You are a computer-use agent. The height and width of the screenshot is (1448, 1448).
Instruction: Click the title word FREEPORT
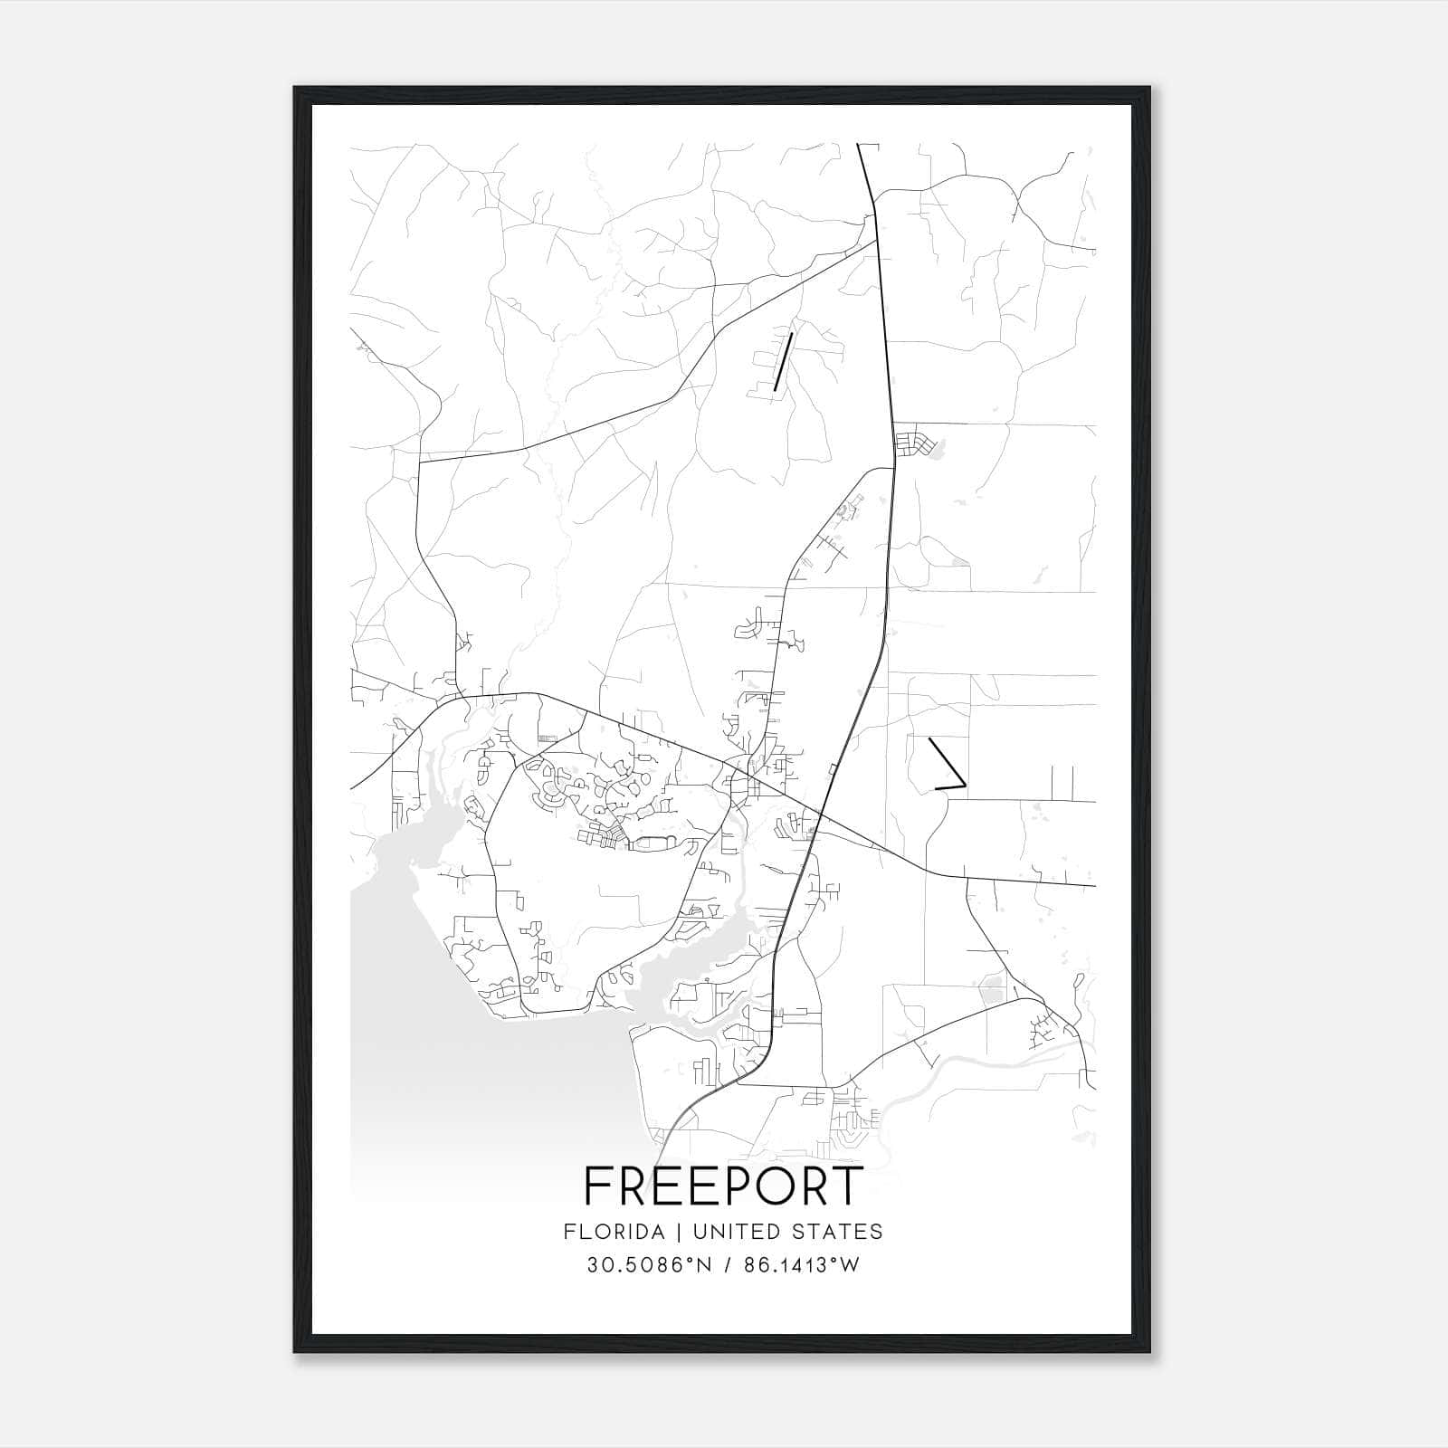723,1186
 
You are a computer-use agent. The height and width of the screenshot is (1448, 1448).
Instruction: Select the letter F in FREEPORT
597,1186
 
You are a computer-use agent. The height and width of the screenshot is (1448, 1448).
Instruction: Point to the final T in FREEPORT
847,1186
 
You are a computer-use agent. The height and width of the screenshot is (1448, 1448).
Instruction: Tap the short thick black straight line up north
784,361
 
